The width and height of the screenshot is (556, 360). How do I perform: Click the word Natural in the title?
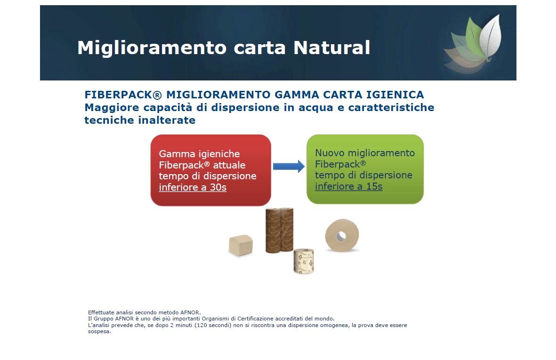point(332,48)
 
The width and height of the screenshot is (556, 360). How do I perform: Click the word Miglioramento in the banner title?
point(152,48)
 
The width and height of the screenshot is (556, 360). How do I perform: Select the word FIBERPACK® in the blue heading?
point(123,95)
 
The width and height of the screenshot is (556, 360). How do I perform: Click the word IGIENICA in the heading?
point(395,95)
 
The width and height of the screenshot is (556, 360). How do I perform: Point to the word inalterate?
point(167,120)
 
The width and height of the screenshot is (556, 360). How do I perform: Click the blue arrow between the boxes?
point(289,166)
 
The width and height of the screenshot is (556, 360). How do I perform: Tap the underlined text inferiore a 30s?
point(193,187)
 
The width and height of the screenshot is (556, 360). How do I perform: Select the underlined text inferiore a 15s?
point(348,186)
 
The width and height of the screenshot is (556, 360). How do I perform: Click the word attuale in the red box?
point(229,165)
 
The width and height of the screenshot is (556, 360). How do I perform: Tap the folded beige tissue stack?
point(241,245)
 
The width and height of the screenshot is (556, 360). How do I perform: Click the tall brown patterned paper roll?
point(280,230)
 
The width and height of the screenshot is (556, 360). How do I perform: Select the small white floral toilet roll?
point(304,261)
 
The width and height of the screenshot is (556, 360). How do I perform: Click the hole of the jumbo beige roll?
point(341,236)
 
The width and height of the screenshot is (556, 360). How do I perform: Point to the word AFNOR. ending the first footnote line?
point(190,312)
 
